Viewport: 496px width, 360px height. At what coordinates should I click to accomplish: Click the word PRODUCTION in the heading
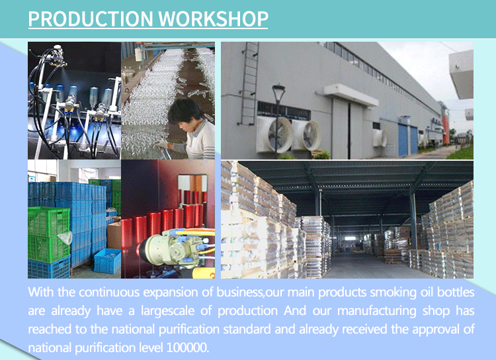[91, 19]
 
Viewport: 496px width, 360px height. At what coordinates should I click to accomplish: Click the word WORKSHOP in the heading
[213, 19]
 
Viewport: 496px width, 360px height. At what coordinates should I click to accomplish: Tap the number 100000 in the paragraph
[187, 347]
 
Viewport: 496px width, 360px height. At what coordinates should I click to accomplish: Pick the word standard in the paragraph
[247, 330]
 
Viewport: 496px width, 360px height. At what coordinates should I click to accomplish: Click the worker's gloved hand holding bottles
[161, 145]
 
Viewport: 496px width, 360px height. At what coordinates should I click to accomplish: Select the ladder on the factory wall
[249, 84]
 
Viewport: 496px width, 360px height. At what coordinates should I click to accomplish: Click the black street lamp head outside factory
[278, 90]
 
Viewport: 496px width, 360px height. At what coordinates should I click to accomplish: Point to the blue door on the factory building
[403, 140]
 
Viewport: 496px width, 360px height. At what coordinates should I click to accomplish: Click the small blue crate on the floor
[107, 261]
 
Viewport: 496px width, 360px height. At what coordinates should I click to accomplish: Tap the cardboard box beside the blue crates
[114, 235]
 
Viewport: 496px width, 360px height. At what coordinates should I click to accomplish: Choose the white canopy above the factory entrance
[351, 95]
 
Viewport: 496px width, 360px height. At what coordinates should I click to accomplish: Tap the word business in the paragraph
[239, 292]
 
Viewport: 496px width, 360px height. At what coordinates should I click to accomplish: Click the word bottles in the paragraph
[456, 292]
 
